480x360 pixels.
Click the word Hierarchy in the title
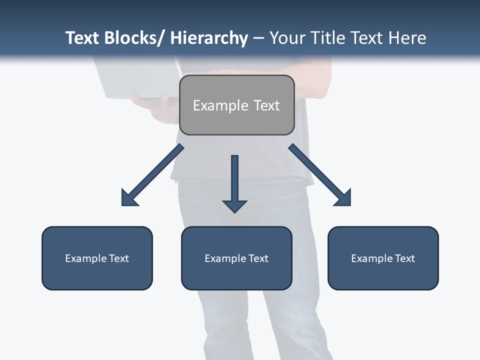point(209,38)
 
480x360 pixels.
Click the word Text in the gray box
point(265,105)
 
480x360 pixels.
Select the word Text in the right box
point(404,258)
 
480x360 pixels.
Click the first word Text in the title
point(82,38)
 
